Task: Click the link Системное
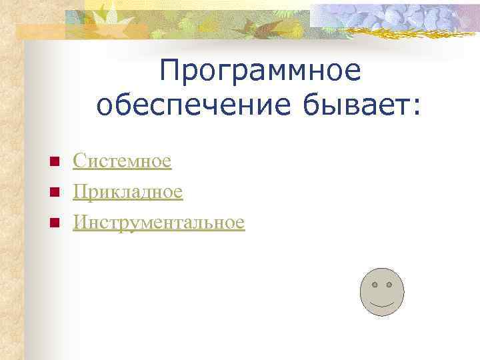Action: (x=123, y=161)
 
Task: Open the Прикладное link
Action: (x=128, y=192)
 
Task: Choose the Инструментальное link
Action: (x=159, y=222)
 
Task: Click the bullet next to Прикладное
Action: (x=55, y=193)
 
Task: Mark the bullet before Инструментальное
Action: (x=55, y=223)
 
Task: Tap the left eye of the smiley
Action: (x=374, y=285)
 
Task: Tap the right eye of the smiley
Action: (x=391, y=285)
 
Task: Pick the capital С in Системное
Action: (x=79, y=161)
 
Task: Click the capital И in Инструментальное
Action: (x=79, y=222)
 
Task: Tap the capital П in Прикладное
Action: (x=79, y=192)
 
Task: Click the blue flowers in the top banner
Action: (x=400, y=17)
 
